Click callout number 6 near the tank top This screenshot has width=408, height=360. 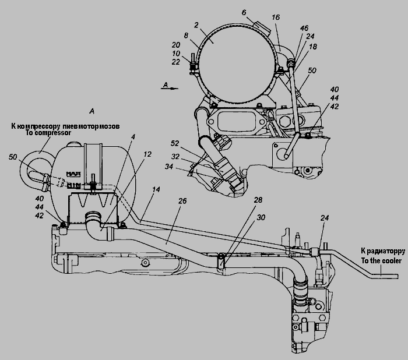click(244, 12)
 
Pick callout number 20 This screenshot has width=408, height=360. click(176, 44)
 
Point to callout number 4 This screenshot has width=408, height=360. click(133, 137)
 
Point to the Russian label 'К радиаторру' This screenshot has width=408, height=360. click(380, 252)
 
